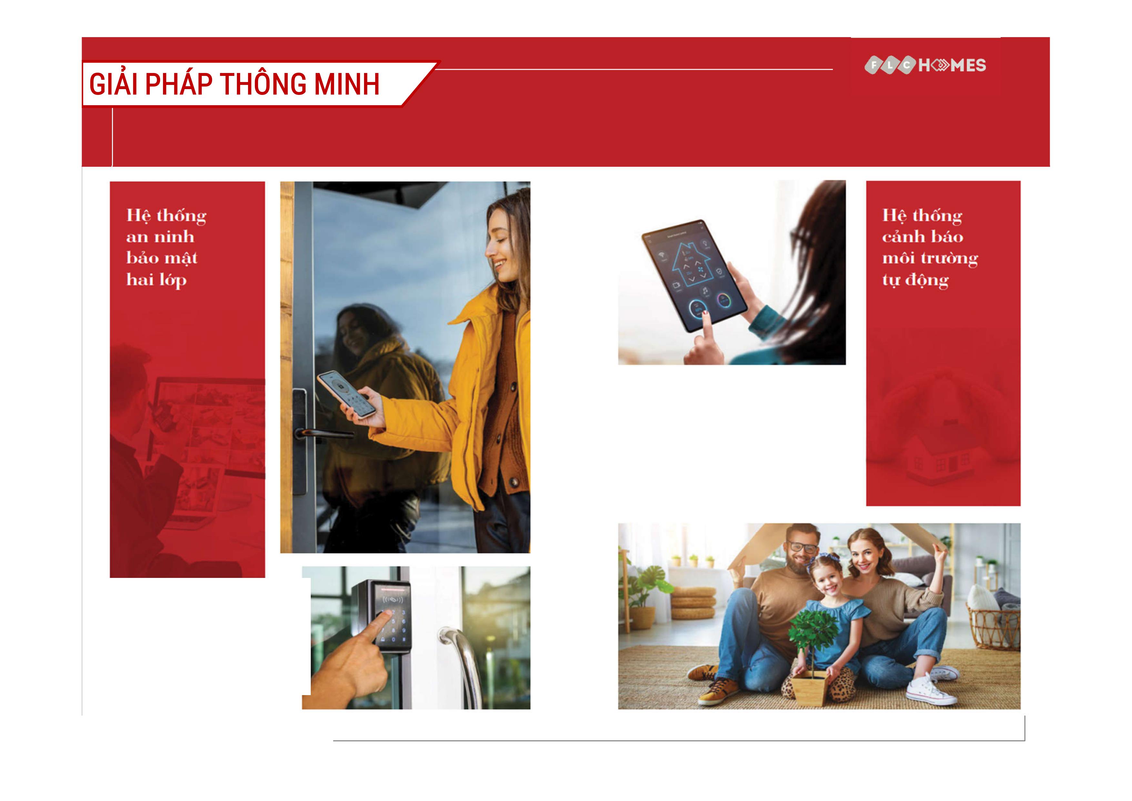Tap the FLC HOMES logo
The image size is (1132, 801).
pos(925,65)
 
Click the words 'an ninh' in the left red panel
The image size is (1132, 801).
pos(160,237)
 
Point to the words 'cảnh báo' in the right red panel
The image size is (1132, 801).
pos(923,237)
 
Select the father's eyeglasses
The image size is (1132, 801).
pos(803,547)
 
